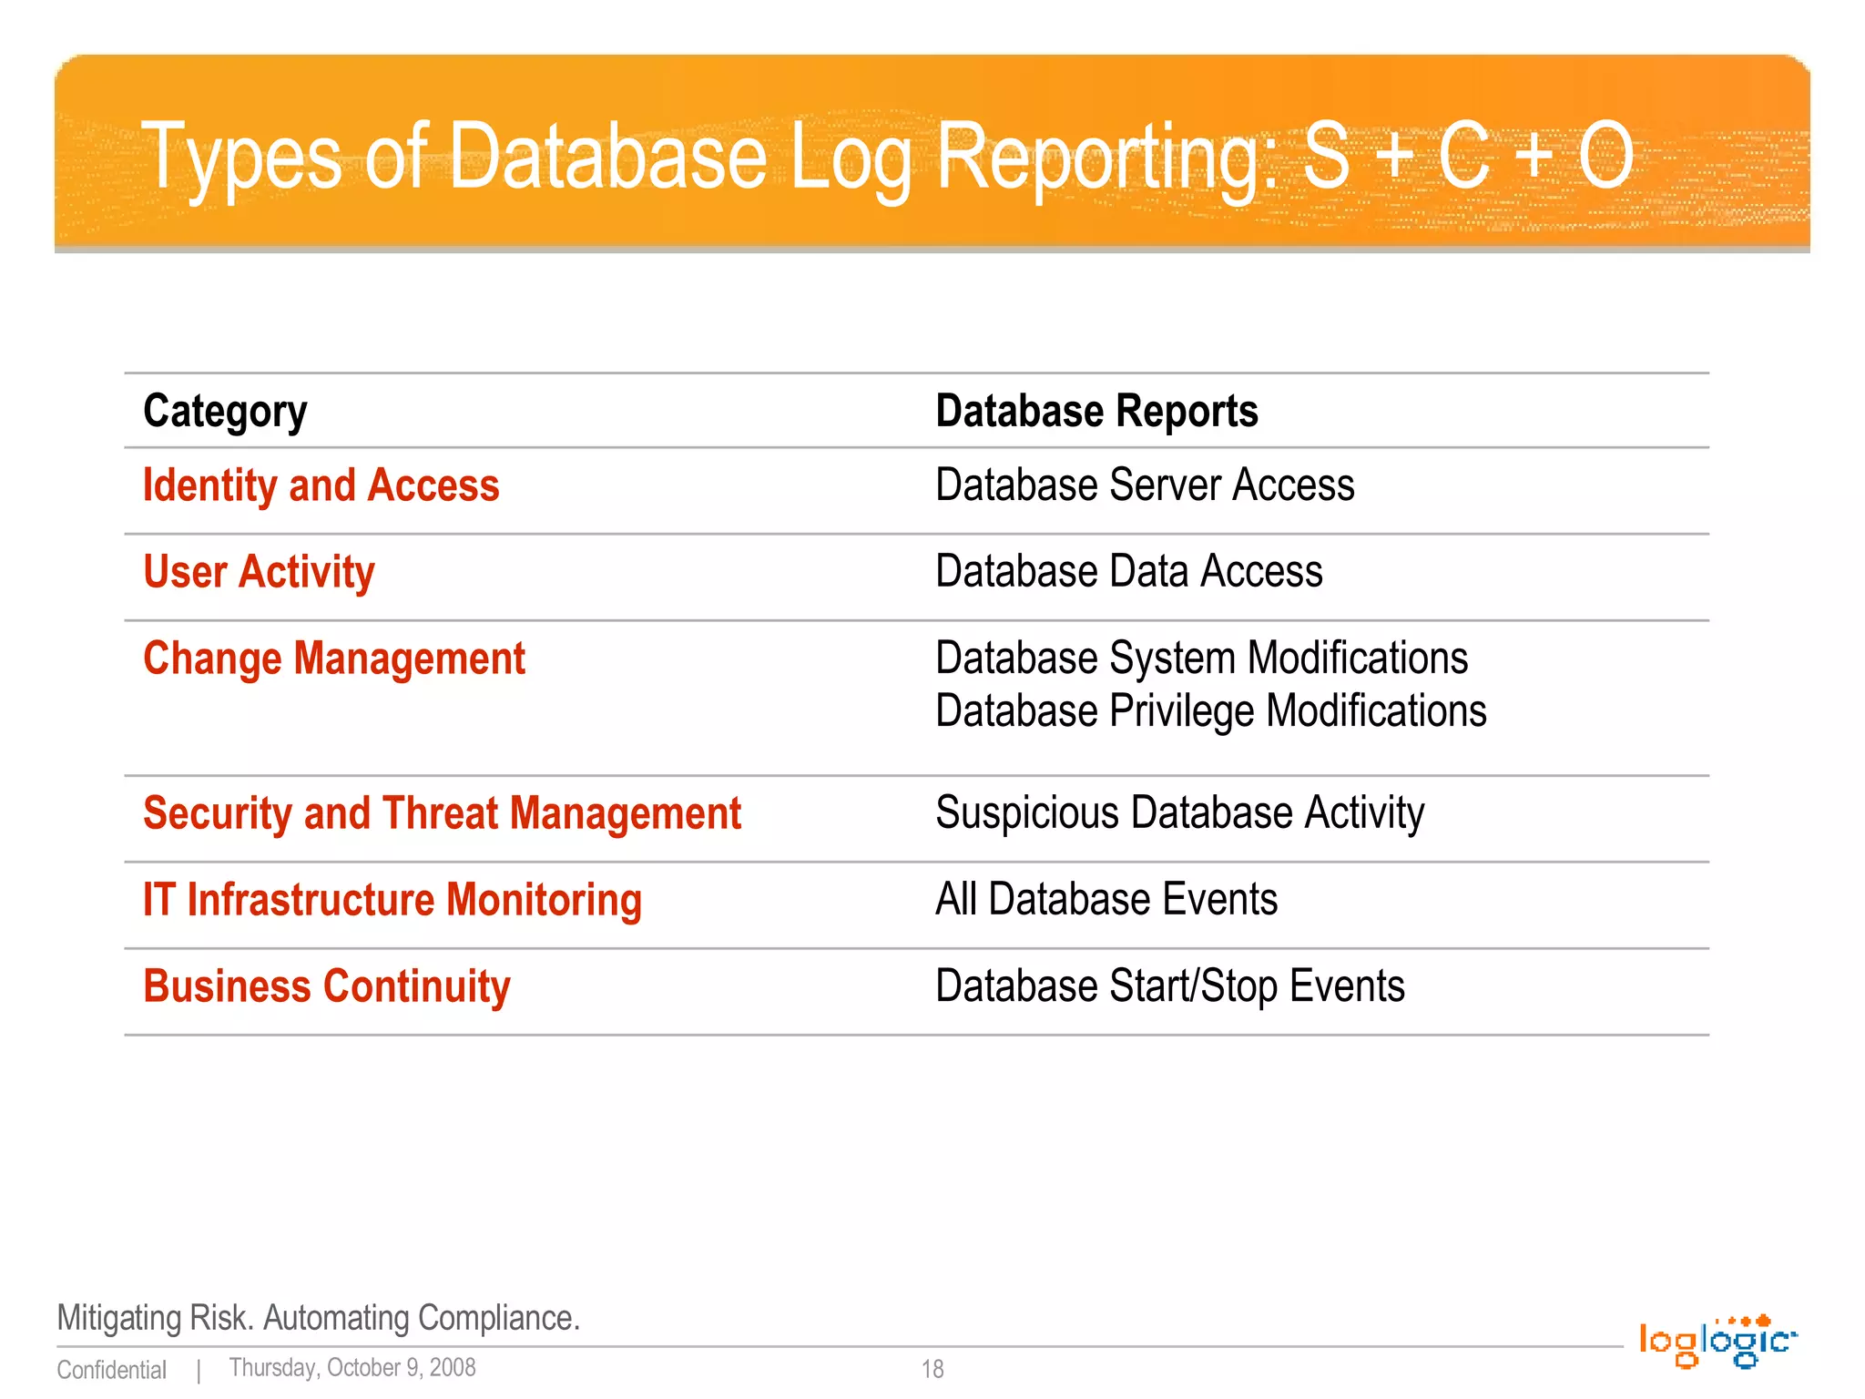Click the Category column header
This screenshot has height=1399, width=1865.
click(225, 412)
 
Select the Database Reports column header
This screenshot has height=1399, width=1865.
click(1096, 412)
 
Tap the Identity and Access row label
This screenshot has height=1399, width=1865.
click(321, 485)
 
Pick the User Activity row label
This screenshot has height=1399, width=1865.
click(259, 572)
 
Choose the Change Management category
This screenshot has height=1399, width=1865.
click(334, 659)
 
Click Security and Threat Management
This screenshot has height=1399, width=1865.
click(443, 813)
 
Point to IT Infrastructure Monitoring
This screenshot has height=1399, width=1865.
click(392, 900)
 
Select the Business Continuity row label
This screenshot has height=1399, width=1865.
click(327, 986)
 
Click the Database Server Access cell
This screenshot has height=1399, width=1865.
click(1145, 485)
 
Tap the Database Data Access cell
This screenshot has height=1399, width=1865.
click(1129, 571)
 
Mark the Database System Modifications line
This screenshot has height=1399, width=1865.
click(1202, 658)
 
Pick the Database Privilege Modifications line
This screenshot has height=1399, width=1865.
click(1211, 711)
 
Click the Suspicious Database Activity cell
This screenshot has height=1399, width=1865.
click(1180, 812)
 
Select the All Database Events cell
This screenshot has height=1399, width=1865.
click(1106, 899)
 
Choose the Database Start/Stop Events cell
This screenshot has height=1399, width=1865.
click(1170, 986)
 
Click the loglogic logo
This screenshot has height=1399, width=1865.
click(1717, 1342)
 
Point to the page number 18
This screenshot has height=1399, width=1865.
click(932, 1369)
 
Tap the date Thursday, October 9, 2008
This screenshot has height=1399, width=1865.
click(352, 1368)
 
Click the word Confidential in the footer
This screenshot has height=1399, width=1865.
click(112, 1370)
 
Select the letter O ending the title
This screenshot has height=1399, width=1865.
click(1605, 157)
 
